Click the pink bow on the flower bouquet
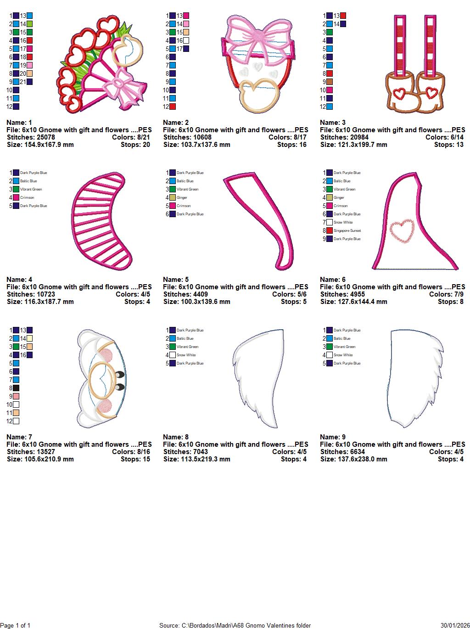tap(120, 87)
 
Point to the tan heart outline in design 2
tap(261, 95)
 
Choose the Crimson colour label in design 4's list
tap(27, 198)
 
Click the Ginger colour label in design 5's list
tap(182, 198)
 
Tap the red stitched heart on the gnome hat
tap(402, 231)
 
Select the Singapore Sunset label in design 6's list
tap(347, 231)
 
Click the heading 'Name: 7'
tap(19, 437)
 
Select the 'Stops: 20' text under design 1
tap(137, 145)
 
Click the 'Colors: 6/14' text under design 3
tap(444, 137)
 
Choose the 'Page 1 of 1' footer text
tap(16, 625)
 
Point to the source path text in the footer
tap(235, 625)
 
